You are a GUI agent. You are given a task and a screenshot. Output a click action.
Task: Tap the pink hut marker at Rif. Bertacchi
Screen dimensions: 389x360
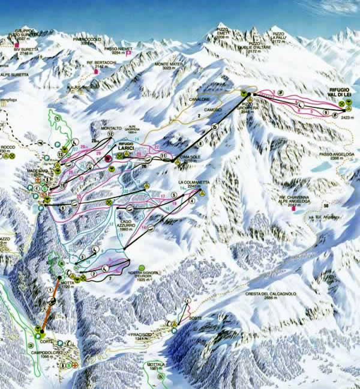coord(96,71)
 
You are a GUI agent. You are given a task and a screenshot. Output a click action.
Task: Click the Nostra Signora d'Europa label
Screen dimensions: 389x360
coord(143,277)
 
